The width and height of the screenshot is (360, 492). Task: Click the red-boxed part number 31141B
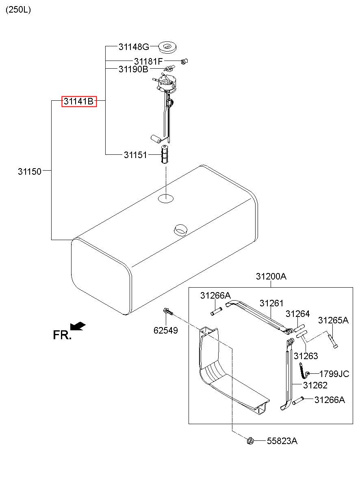point(79,101)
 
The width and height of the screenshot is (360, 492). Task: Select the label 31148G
point(134,47)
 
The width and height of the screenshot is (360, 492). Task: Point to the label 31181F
point(148,61)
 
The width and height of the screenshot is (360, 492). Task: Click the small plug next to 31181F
point(184,61)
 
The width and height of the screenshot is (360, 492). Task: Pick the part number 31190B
point(133,69)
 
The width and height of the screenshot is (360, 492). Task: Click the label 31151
point(135,155)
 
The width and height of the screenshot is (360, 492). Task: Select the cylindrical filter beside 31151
point(164,154)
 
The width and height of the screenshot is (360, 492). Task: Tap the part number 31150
point(30,171)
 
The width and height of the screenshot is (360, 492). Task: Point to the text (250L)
point(18,10)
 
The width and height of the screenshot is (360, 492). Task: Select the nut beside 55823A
point(250,440)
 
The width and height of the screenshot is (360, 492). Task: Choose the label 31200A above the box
point(271,277)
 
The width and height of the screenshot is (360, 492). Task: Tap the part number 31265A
point(333,320)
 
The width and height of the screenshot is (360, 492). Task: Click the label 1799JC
point(334,374)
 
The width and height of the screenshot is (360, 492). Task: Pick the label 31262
point(315,385)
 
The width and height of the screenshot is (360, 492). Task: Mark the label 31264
point(297,314)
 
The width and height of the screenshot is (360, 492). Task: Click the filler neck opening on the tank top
point(179,229)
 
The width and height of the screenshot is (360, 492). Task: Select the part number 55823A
point(282,441)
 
